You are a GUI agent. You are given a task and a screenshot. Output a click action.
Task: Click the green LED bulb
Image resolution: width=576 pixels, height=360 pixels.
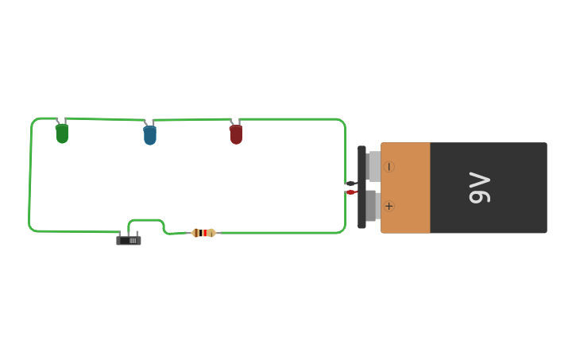(62, 134)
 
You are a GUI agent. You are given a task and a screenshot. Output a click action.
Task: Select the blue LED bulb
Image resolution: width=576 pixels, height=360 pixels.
(149, 135)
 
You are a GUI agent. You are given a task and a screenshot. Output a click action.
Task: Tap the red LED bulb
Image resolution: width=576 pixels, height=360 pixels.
(236, 134)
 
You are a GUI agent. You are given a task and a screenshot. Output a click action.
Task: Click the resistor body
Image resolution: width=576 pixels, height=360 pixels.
(203, 233)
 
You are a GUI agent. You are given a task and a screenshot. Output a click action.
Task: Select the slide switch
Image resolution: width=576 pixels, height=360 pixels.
(129, 240)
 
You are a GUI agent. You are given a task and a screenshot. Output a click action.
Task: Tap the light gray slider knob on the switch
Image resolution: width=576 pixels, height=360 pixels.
(133, 240)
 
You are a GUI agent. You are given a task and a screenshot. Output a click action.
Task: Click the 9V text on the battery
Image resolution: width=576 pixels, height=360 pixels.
(480, 188)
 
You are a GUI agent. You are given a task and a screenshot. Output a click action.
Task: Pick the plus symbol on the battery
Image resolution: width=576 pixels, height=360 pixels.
(389, 206)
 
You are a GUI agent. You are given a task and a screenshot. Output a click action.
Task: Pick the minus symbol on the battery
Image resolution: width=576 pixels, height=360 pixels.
(389, 166)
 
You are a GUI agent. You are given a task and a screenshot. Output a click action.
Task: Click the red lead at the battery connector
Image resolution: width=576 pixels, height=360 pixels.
(350, 192)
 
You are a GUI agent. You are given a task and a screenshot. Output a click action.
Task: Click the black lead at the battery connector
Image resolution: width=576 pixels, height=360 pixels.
(350, 184)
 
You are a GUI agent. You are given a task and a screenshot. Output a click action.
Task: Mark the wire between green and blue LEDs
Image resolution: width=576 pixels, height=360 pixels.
(103, 119)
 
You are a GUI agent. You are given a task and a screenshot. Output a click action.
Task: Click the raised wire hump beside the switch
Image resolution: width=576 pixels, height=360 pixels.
(146, 220)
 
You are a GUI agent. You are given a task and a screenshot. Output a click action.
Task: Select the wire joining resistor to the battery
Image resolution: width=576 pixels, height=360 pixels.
(278, 233)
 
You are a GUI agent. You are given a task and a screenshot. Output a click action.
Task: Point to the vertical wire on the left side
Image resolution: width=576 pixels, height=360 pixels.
(30, 175)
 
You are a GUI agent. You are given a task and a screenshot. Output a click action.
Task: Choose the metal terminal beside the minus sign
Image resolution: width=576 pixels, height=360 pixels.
(373, 166)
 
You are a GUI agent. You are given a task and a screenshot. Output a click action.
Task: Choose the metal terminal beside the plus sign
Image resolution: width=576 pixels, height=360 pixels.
(371, 206)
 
